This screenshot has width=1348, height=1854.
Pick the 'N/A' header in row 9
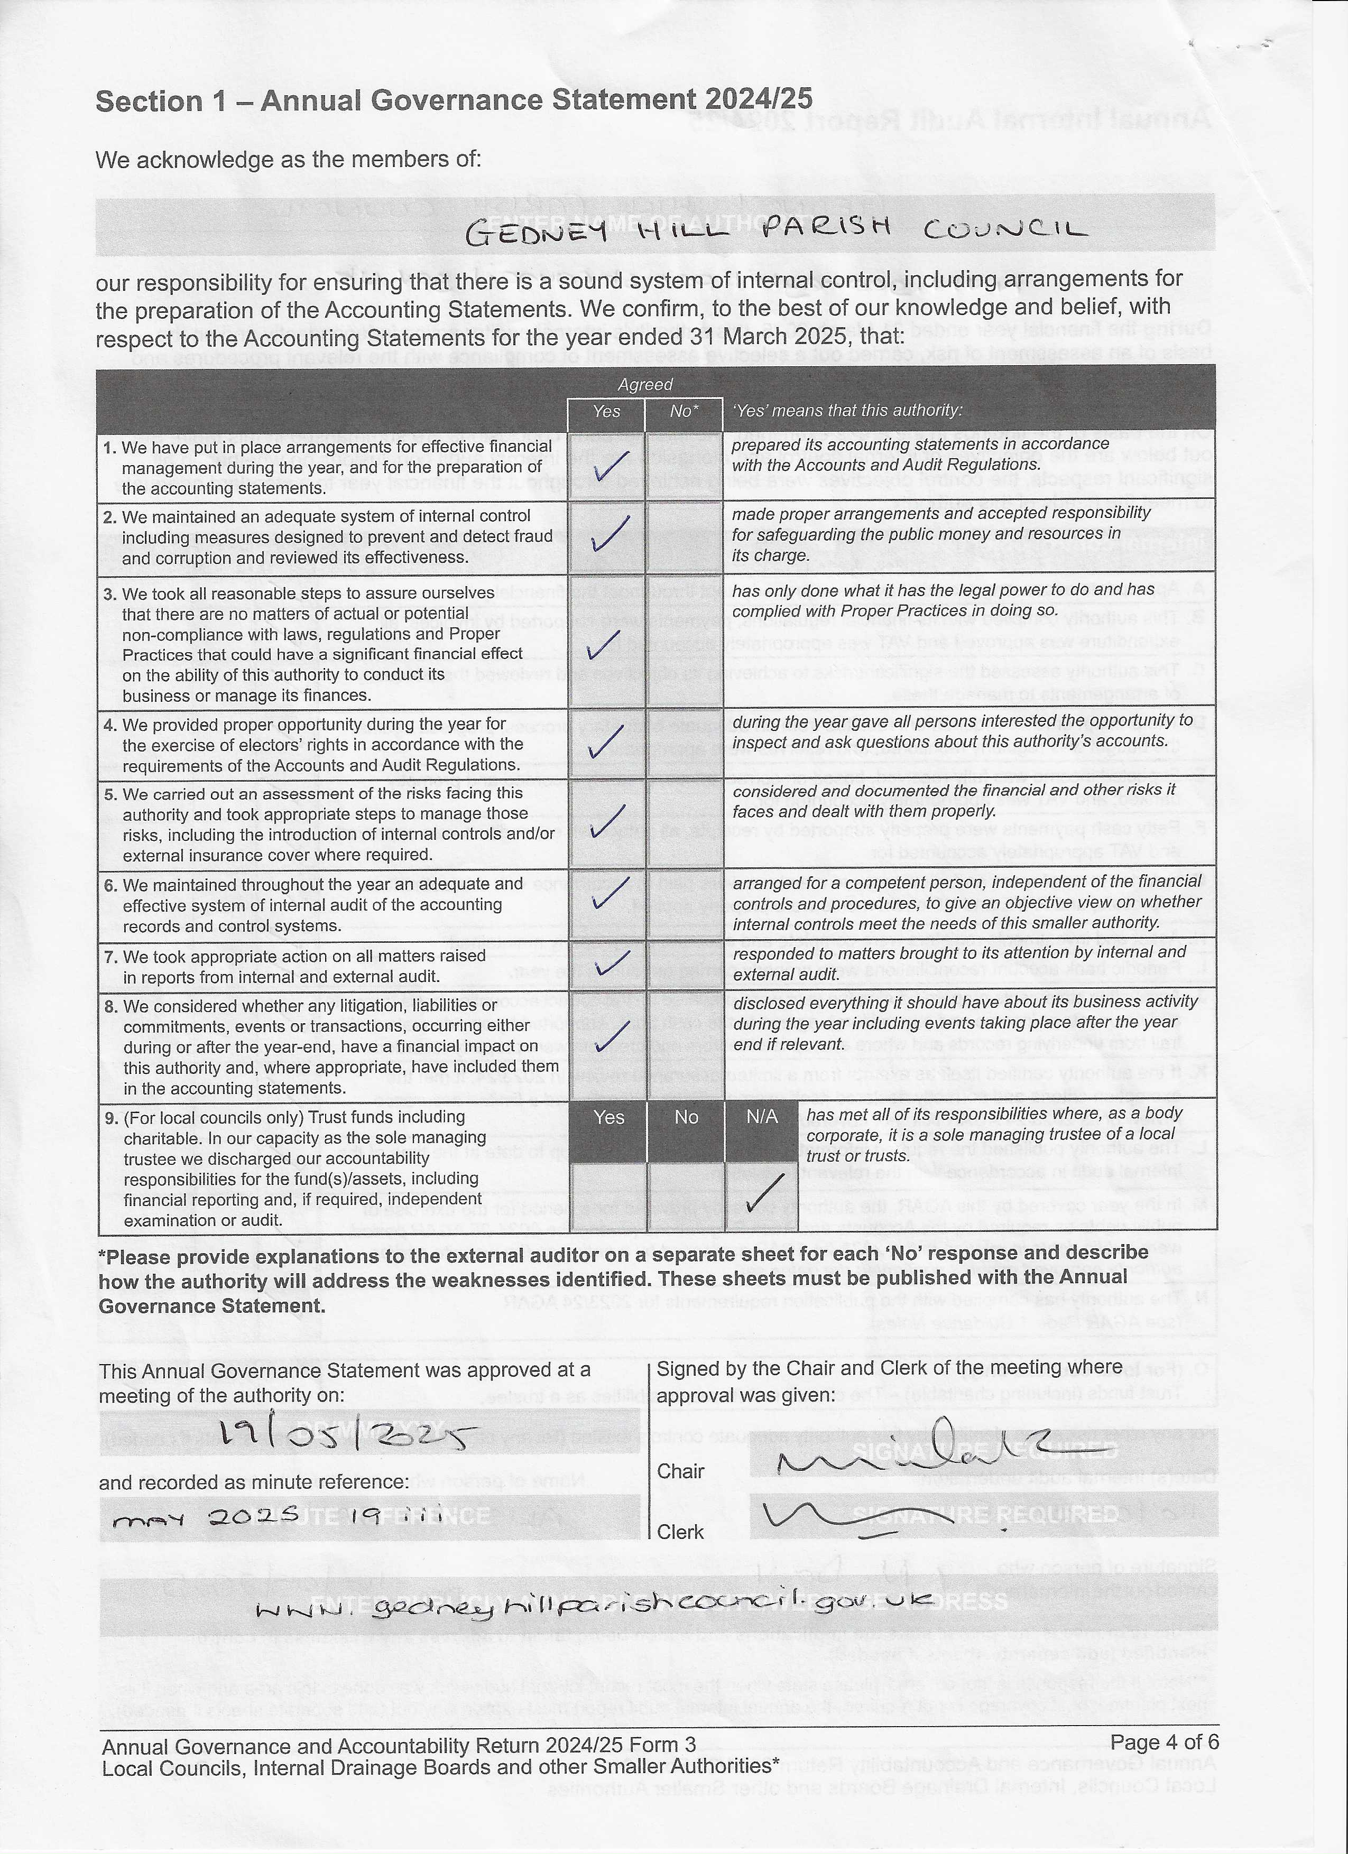(762, 1117)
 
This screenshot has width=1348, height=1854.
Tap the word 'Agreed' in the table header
(645, 384)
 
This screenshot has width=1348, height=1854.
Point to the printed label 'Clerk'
(680, 1532)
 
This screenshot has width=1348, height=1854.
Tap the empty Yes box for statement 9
(608, 1196)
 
